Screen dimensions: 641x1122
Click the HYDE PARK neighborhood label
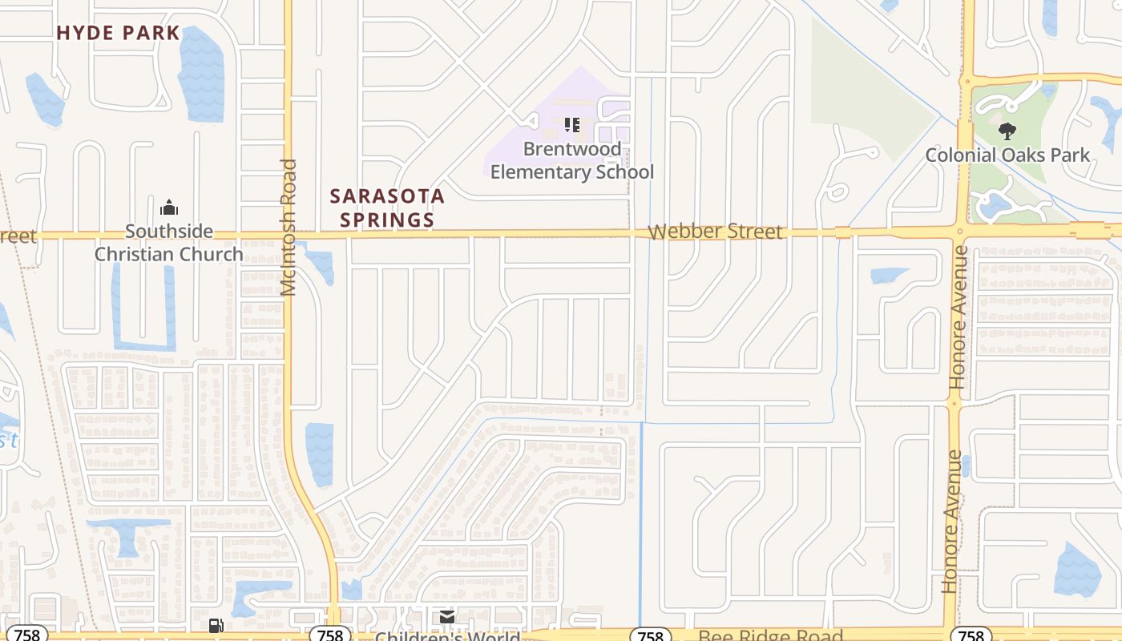tap(118, 33)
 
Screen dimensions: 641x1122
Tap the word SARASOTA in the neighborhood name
tap(387, 196)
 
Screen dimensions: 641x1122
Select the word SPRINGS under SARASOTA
tap(387, 220)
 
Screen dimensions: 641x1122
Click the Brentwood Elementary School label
tap(572, 160)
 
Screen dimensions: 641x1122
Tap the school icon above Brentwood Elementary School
tap(571, 124)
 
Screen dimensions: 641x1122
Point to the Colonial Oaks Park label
tap(1007, 155)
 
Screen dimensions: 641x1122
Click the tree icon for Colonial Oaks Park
tap(1007, 131)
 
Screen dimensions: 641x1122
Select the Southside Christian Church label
tap(169, 243)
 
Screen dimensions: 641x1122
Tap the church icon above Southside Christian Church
tap(169, 208)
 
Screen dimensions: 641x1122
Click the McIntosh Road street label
tap(289, 228)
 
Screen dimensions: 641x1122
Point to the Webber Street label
tap(715, 232)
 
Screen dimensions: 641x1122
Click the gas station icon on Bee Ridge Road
tap(216, 625)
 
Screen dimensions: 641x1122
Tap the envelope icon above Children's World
tap(446, 617)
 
